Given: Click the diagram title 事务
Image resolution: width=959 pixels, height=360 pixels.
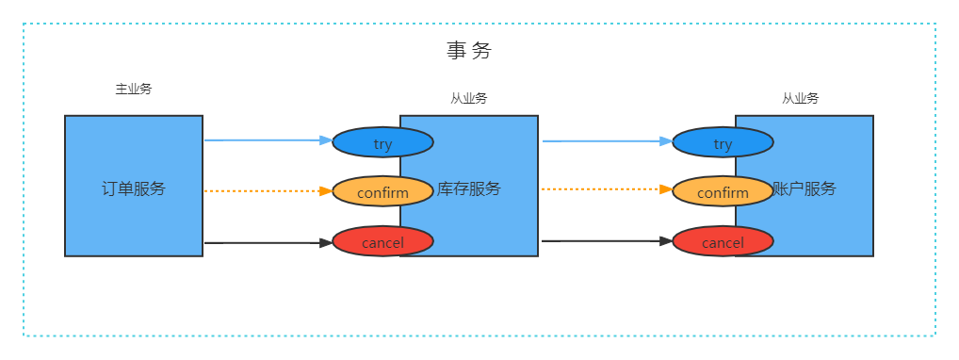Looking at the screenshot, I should pyautogui.click(x=469, y=51).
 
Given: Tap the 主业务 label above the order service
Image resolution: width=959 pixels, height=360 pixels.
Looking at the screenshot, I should pyautogui.click(x=133, y=90).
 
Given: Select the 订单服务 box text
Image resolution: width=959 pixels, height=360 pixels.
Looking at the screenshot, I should pyautogui.click(x=133, y=188).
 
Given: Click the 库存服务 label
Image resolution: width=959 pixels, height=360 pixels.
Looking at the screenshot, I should pyautogui.click(x=469, y=188).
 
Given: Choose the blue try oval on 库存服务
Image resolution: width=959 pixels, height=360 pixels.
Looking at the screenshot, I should pyautogui.click(x=382, y=142).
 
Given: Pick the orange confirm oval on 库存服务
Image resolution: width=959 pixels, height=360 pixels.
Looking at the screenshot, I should pyautogui.click(x=382, y=192).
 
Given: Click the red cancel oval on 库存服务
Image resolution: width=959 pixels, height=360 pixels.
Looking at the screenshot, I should pyautogui.click(x=382, y=242).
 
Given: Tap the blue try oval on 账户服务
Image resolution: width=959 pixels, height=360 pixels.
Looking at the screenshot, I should pyautogui.click(x=723, y=142).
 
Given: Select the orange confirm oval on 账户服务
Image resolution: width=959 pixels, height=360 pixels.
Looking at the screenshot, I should pyautogui.click(x=723, y=192).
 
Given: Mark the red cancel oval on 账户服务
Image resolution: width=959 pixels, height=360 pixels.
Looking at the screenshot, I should pyautogui.click(x=723, y=242).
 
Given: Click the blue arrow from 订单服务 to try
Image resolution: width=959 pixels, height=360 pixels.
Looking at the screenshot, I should pyautogui.click(x=264, y=140).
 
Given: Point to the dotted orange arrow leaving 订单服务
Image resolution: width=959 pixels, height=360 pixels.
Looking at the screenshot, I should pyautogui.click(x=264, y=191).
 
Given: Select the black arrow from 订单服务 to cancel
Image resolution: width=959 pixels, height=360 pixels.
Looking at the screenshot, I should pyautogui.click(x=264, y=242).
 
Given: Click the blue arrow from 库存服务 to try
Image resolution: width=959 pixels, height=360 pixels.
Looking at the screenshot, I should pyautogui.click(x=603, y=141).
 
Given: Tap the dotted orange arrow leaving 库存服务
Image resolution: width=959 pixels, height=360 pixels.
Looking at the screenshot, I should pyautogui.click(x=603, y=189).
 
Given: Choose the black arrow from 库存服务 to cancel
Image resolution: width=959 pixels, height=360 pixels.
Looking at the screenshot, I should pyautogui.click(x=603, y=241).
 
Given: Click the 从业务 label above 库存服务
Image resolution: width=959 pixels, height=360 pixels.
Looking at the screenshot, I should pyautogui.click(x=469, y=98).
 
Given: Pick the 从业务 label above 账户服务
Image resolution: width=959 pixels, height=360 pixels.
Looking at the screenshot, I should pyautogui.click(x=800, y=98).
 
